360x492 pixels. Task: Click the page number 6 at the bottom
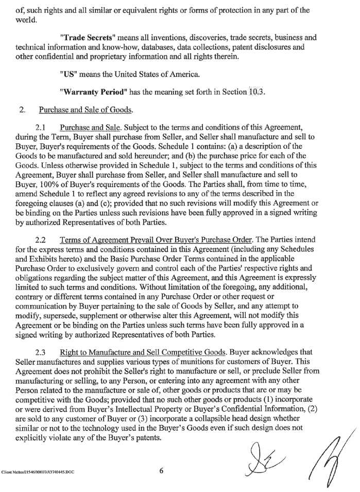(x=161, y=469)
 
